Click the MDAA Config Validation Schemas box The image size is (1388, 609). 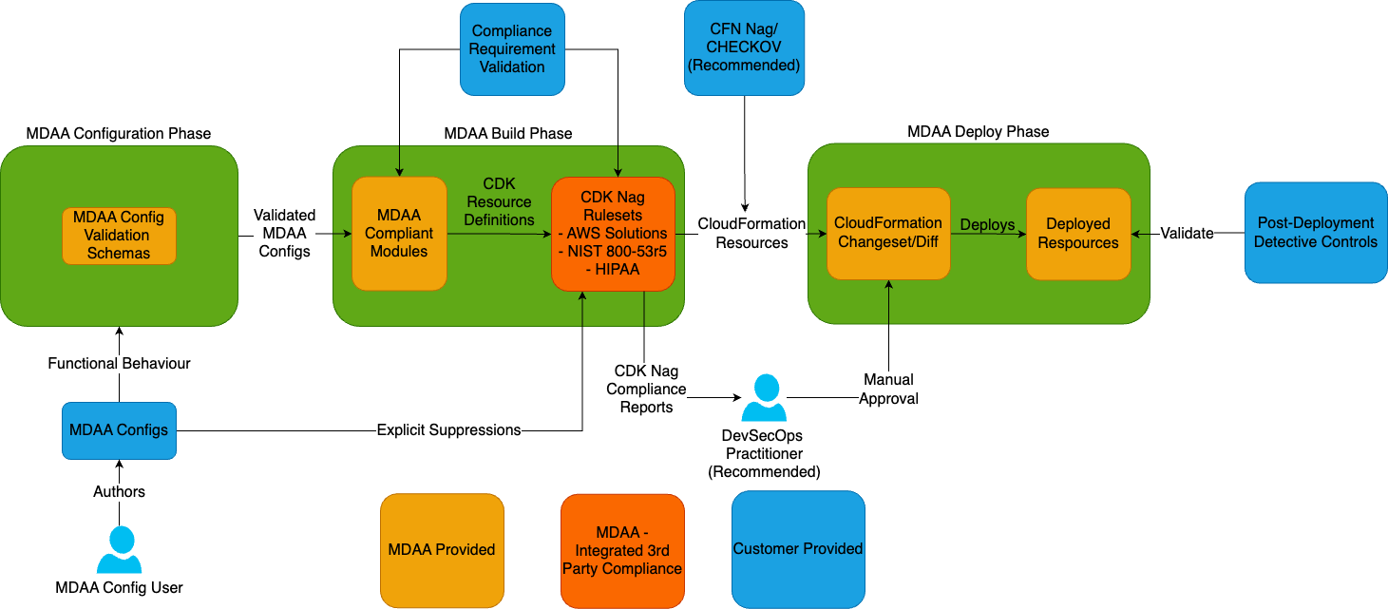point(119,236)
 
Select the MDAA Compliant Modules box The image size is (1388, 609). point(399,234)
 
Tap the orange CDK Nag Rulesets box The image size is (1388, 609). point(613,234)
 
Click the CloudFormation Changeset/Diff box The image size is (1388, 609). point(888,234)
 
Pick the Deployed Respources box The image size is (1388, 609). point(1078,234)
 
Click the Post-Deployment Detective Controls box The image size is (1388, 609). point(1315,233)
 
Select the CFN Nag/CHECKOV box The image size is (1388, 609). point(744,48)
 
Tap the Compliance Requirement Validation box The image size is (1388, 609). point(512,49)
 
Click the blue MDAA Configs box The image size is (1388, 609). point(119,430)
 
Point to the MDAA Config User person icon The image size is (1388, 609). point(119,549)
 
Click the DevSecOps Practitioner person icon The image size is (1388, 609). point(764,397)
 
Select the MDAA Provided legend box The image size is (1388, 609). point(442,550)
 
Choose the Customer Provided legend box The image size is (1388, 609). point(798,549)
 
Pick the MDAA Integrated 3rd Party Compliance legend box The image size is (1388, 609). point(622,550)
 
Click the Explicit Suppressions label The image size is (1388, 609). point(448,430)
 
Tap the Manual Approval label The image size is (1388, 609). point(888,390)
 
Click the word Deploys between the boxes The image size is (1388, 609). point(987,225)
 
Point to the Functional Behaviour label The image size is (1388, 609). point(119,363)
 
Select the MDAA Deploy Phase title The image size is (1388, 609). point(979,131)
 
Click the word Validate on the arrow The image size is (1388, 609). point(1187,233)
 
